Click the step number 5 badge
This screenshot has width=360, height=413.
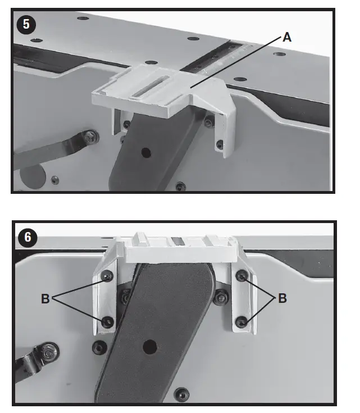(x=26, y=24)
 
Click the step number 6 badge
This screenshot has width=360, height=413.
(x=28, y=237)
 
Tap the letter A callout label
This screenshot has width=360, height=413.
(x=287, y=37)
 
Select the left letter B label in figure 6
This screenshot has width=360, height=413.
(x=45, y=299)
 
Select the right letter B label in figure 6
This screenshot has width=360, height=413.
(x=282, y=298)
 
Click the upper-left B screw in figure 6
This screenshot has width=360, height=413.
(x=107, y=276)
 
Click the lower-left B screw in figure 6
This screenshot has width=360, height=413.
(x=107, y=322)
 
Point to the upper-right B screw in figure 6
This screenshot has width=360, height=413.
(x=241, y=276)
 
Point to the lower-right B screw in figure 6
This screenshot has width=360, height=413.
(x=241, y=322)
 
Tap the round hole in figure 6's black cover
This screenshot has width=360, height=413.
(x=150, y=346)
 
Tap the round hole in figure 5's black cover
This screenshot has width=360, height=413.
(x=146, y=152)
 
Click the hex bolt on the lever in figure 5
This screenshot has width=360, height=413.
(x=90, y=137)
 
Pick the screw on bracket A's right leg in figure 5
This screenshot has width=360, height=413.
(x=220, y=144)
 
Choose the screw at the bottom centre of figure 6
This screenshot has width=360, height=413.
(x=182, y=394)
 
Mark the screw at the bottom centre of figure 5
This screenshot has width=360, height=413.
(x=181, y=187)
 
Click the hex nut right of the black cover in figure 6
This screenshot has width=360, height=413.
(x=221, y=298)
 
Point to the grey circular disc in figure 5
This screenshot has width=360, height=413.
(x=33, y=176)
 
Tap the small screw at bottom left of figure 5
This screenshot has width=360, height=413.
(x=55, y=180)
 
